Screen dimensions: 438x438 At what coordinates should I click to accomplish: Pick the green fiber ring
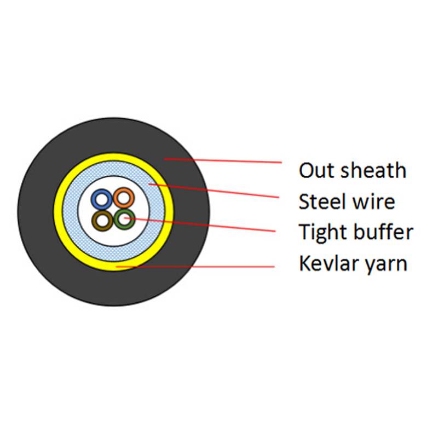[117, 220]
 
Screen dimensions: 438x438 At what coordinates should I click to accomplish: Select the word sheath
[373, 170]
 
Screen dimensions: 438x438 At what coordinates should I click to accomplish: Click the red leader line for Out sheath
[223, 160]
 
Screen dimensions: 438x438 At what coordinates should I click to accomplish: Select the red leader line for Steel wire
[214, 191]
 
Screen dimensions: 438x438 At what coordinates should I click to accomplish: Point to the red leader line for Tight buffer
[200, 224]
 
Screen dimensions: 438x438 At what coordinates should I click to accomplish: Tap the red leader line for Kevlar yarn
[195, 267]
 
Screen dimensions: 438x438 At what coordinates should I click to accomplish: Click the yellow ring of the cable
[58, 211]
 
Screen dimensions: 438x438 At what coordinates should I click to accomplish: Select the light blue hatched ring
[70, 211]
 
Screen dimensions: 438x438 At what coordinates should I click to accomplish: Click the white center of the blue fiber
[102, 199]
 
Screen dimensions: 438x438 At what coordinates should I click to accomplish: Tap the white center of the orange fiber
[124, 198]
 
